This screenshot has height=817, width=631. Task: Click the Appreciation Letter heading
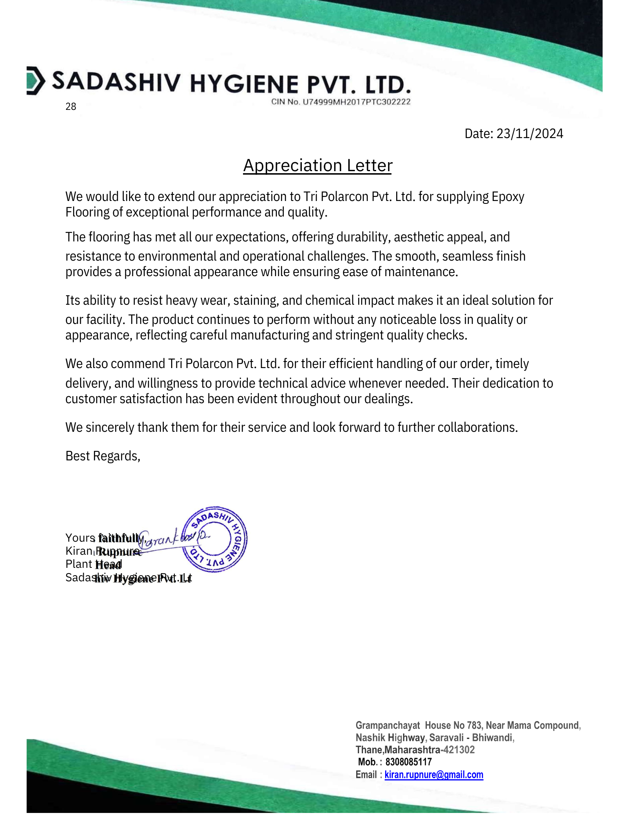click(x=317, y=165)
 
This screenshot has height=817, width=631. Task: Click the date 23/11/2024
click(x=529, y=134)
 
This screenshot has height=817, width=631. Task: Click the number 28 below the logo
click(x=71, y=107)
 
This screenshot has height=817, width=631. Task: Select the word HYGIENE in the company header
click(x=244, y=84)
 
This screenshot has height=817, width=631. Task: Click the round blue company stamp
click(x=214, y=539)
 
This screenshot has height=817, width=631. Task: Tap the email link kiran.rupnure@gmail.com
click(x=434, y=775)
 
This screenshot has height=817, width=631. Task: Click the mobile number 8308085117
click(x=408, y=762)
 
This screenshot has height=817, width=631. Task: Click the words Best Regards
click(x=103, y=456)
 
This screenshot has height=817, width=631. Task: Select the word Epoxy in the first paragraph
click(x=508, y=196)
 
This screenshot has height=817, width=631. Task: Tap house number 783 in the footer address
click(x=474, y=725)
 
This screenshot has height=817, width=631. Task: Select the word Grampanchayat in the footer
click(x=388, y=725)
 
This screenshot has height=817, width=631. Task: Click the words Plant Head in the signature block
click(x=94, y=564)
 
